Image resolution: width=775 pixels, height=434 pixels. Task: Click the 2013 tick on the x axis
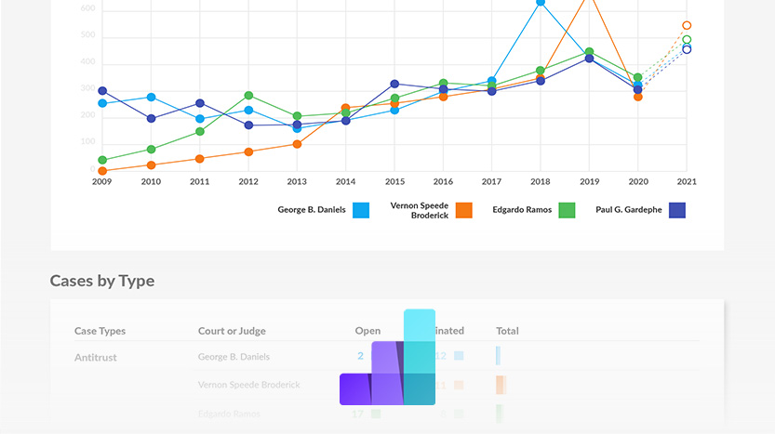click(297, 182)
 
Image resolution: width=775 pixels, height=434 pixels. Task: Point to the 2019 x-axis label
click(588, 182)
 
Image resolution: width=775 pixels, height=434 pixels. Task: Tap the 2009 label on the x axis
click(101, 182)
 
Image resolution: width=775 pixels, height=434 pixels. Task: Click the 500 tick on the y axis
click(87, 35)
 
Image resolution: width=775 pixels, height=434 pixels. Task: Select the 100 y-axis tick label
click(87, 142)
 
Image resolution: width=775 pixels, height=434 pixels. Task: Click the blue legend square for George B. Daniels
click(361, 210)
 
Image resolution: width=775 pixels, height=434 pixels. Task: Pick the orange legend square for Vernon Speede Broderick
click(463, 210)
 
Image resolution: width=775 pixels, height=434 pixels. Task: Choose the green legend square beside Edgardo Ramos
click(566, 210)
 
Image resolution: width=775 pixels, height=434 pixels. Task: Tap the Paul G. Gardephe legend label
click(629, 210)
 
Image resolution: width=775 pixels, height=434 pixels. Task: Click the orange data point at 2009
click(102, 171)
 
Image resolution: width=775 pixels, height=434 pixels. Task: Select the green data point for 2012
click(248, 96)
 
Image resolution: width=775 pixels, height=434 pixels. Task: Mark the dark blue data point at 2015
click(394, 85)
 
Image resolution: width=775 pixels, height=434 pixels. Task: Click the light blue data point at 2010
click(151, 98)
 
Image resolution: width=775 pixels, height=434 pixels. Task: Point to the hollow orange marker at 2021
click(687, 26)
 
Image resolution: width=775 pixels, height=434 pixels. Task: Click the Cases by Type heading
click(102, 281)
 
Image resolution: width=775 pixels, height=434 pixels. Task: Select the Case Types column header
click(100, 331)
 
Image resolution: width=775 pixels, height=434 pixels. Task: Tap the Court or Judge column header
click(234, 331)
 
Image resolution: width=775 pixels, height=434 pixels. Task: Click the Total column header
click(507, 331)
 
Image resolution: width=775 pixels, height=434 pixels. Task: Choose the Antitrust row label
click(96, 357)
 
